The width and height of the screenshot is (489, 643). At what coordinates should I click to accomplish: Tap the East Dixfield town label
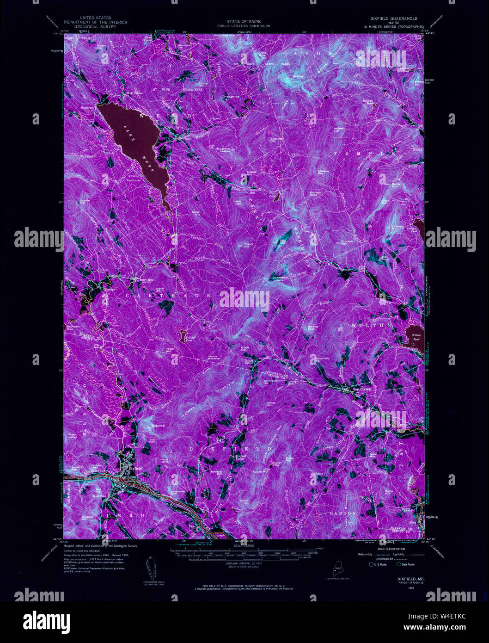tap(362, 389)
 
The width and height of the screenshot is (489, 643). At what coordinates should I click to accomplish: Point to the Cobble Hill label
tap(85, 201)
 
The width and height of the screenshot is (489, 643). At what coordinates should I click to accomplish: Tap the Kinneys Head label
tap(315, 193)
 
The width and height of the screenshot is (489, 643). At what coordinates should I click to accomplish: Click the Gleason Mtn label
tap(323, 172)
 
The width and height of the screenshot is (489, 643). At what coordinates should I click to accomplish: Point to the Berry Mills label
tap(140, 279)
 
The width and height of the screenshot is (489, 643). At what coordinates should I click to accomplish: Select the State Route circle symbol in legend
tap(398, 564)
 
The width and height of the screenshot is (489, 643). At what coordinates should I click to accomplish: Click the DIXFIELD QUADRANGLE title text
tap(393, 19)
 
